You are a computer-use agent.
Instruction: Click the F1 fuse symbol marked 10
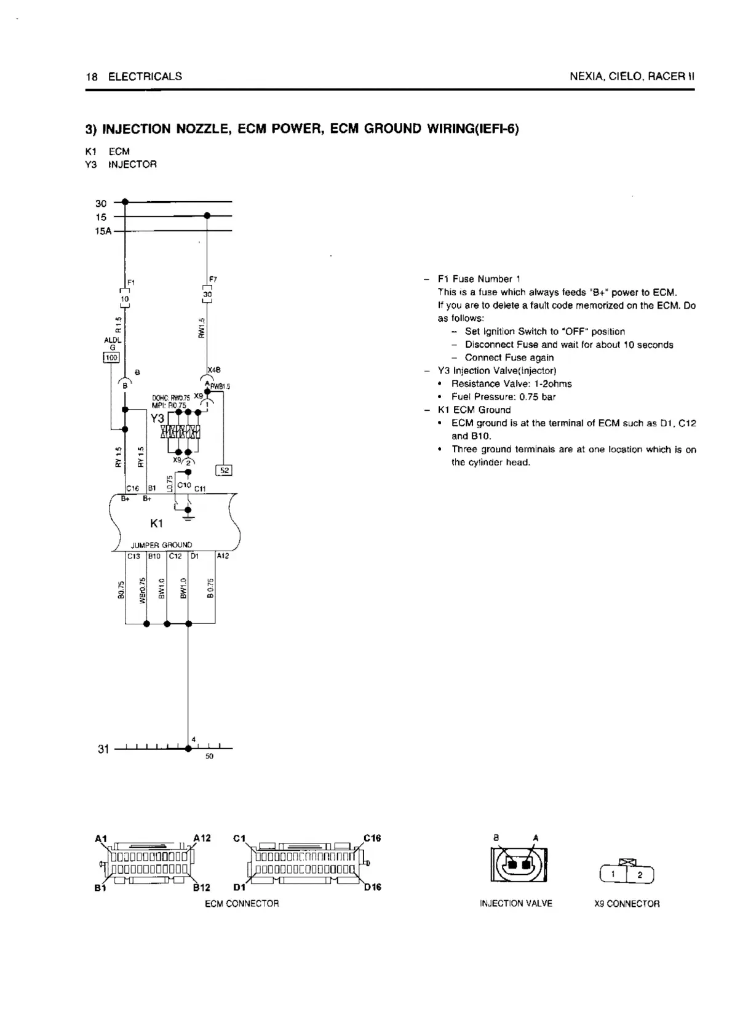point(124,298)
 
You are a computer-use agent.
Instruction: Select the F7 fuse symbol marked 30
point(207,294)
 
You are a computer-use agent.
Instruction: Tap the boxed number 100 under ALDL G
point(111,357)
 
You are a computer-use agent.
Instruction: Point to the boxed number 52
point(225,470)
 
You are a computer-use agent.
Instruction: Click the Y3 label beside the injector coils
point(157,418)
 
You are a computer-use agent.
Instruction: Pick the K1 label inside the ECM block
point(156,524)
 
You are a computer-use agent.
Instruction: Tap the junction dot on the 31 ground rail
point(188,749)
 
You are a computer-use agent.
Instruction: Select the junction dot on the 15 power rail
point(207,216)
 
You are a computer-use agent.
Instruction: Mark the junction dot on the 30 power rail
point(125,202)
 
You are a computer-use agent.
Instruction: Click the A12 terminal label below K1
point(223,556)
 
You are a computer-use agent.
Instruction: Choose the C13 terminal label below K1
point(133,556)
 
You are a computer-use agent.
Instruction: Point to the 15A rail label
point(103,231)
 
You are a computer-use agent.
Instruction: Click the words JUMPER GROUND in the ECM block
point(161,545)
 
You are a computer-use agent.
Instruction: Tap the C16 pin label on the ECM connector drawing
point(372,838)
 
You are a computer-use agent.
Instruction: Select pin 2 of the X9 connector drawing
point(640,875)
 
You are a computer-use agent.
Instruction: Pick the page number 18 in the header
point(92,76)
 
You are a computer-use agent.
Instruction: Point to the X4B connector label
point(214,370)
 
